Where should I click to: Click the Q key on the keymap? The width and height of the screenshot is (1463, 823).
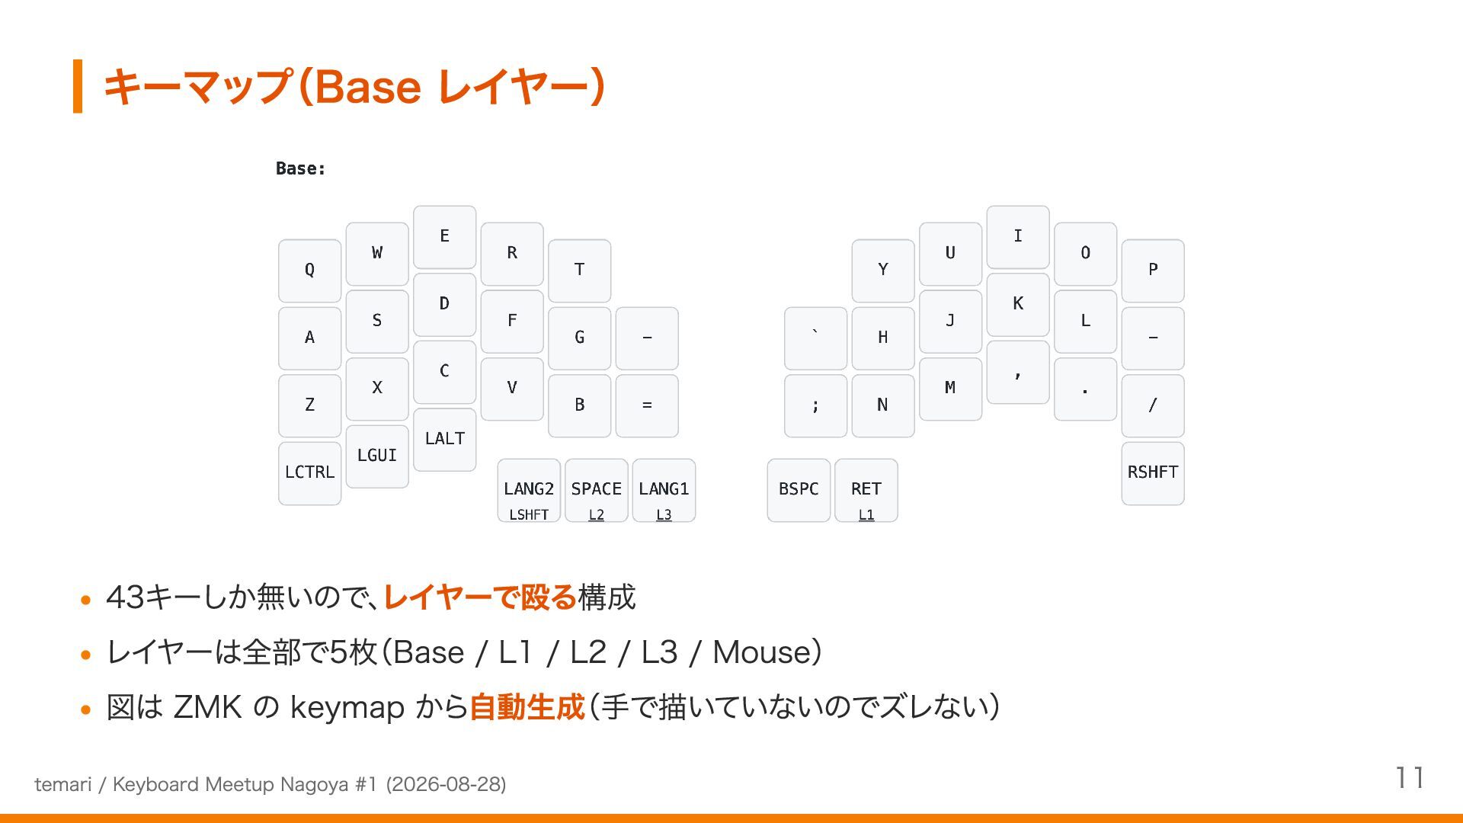[309, 271]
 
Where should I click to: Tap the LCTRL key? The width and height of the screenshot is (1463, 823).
[309, 473]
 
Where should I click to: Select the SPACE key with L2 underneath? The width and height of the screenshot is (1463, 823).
[597, 490]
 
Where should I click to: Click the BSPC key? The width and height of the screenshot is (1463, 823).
[799, 490]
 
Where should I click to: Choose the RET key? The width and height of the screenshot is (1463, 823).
[866, 490]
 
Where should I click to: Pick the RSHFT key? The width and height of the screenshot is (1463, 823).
[1153, 473]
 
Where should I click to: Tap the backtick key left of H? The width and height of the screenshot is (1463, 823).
[815, 338]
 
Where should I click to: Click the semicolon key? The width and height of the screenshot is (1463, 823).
[815, 405]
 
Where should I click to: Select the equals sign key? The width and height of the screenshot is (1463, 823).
[647, 405]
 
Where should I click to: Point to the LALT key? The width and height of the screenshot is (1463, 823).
[445, 440]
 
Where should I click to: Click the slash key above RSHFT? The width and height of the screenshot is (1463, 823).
[1153, 405]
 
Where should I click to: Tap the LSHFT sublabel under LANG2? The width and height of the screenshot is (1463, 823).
[529, 515]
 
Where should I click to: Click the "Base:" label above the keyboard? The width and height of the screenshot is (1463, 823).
[301, 168]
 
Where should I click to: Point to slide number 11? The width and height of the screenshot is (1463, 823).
[1410, 778]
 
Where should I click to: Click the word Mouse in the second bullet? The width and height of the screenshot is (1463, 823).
[760, 652]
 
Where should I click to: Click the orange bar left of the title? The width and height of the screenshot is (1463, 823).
[78, 86]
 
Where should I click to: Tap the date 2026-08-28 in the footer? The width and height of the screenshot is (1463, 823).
[446, 784]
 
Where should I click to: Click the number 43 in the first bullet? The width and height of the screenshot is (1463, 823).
[126, 597]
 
